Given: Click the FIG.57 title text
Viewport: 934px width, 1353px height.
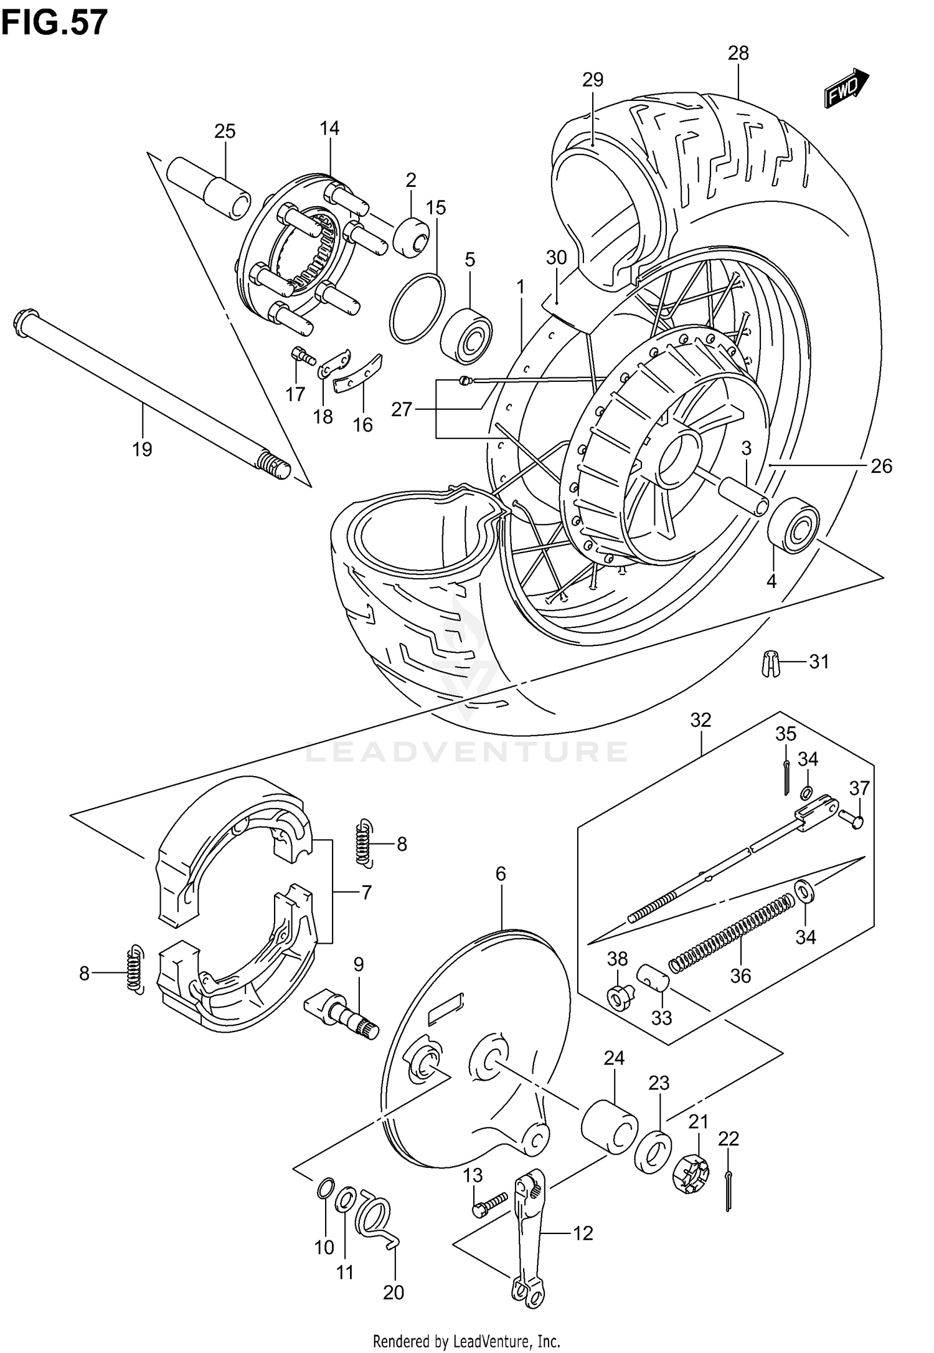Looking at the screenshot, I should coord(55,23).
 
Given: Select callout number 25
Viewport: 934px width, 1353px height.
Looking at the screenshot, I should coord(225,131).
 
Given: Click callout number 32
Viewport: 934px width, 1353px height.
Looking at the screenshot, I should coord(700,720).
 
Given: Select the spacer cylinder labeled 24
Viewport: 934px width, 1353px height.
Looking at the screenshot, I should coord(610,1127).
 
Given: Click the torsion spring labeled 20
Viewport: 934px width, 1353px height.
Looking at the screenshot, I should coord(375,1215).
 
